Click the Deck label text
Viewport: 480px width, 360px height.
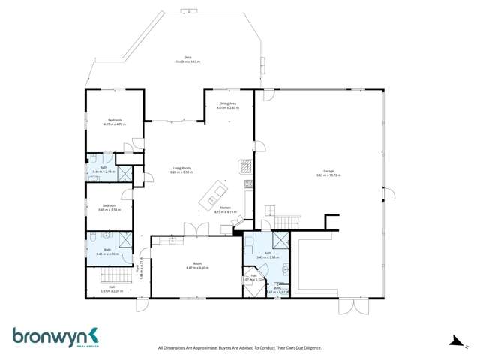[178, 57]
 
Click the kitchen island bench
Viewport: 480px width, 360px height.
[213, 195]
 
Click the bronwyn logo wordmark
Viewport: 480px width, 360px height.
[49, 334]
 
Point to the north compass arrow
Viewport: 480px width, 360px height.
[454, 341]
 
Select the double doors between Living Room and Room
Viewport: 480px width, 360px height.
[193, 229]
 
